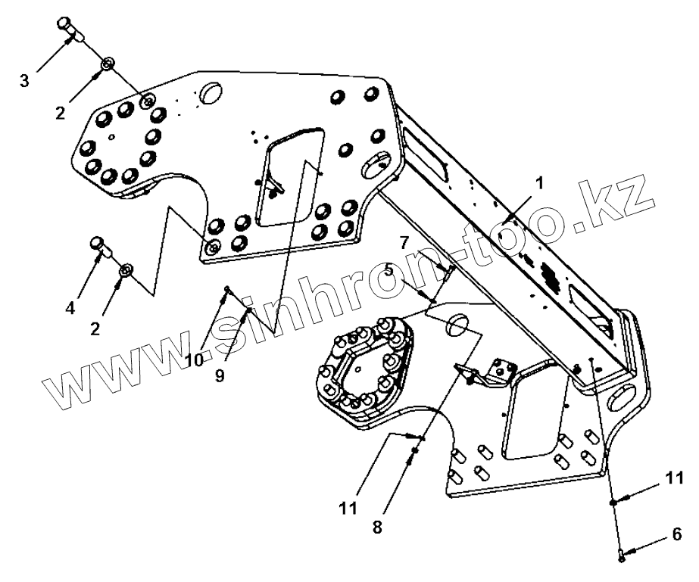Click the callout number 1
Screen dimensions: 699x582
pos(539,183)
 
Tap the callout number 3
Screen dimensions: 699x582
pos(24,80)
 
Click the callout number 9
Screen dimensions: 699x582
pos(220,375)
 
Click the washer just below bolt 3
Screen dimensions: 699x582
pos(108,64)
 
